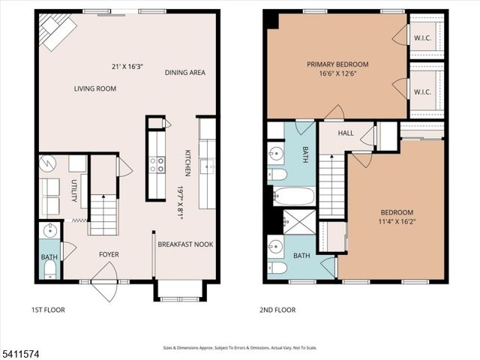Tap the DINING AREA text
[x=186, y=73]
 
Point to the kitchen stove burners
[x=157, y=164]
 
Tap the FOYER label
[x=109, y=254]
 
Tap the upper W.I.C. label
[x=421, y=37]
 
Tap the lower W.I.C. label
[x=421, y=93]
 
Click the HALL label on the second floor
[x=346, y=133]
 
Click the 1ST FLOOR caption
[x=49, y=310]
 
